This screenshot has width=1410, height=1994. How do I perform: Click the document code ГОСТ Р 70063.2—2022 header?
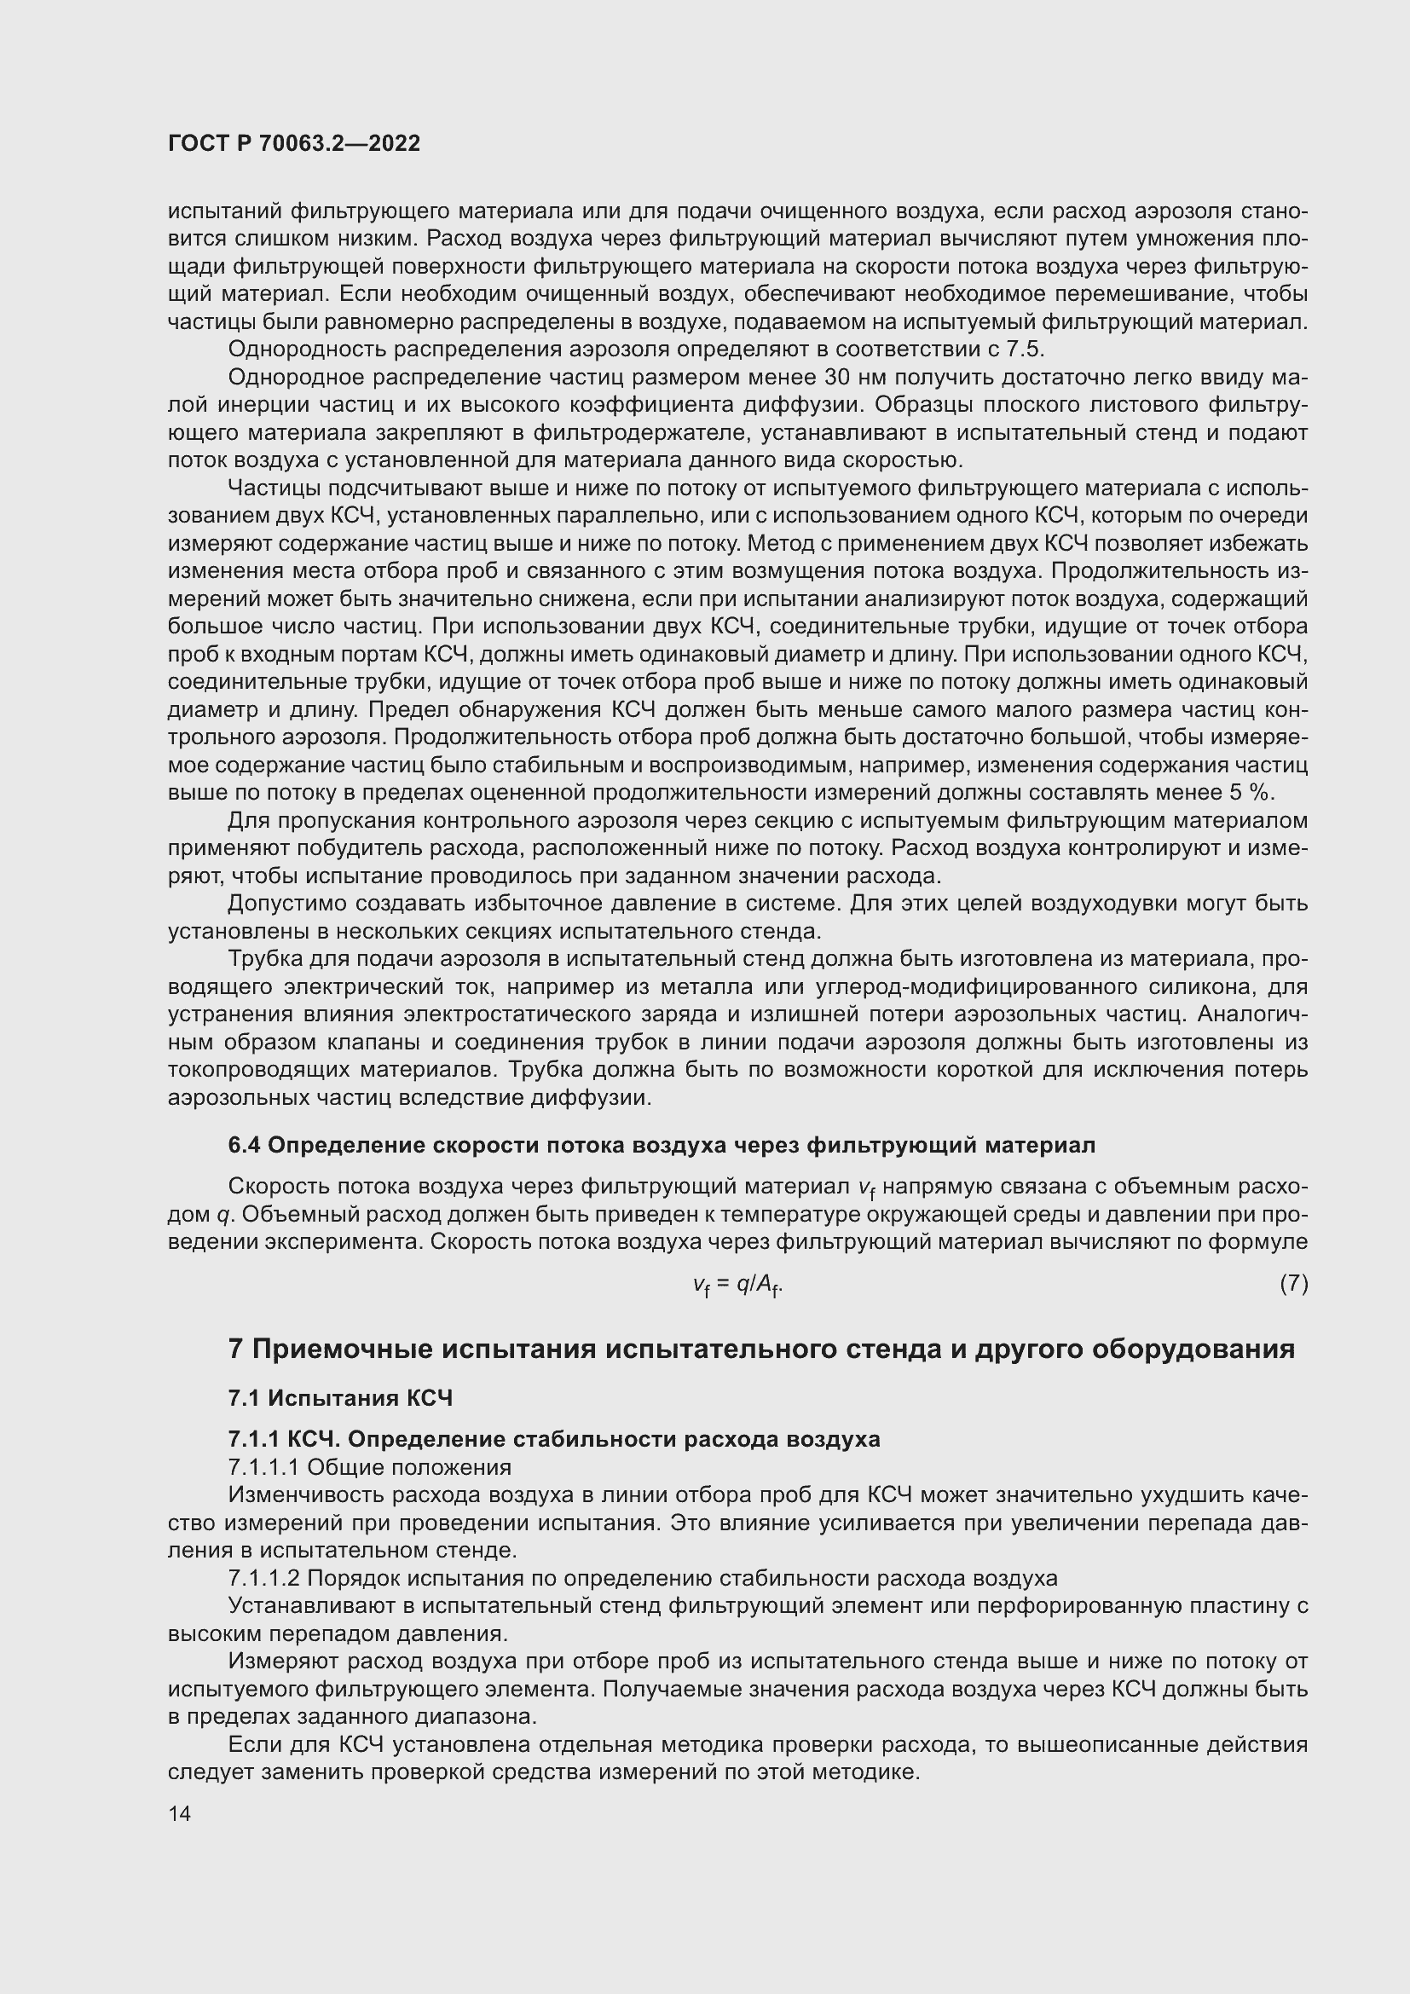click(293, 144)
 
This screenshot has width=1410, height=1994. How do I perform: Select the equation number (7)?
click(1293, 1283)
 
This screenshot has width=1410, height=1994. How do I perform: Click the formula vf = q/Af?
click(738, 1285)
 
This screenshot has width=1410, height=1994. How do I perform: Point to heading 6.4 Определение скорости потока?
click(661, 1146)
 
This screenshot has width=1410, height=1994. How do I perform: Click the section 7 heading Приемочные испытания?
click(760, 1349)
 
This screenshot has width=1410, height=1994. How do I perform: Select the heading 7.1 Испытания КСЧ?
click(340, 1398)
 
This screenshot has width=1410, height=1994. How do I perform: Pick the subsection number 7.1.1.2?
click(264, 1578)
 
